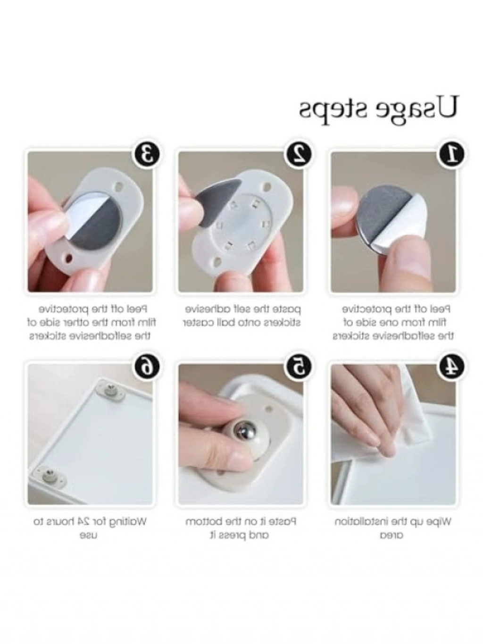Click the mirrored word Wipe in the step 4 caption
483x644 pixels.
tap(440, 522)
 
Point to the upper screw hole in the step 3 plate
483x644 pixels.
tap(120, 186)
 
